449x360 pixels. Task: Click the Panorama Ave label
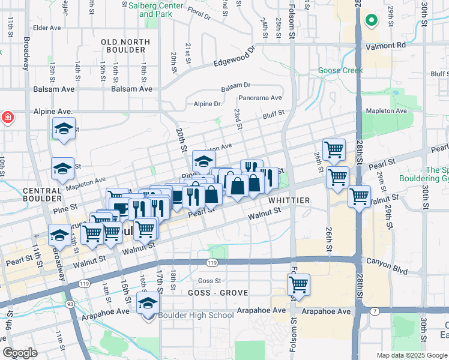[260, 98]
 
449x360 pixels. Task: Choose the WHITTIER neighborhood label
[289, 200]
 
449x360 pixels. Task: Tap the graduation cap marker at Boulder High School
[148, 304]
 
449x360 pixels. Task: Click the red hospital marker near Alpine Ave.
[6, 116]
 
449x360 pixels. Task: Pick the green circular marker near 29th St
[372, 21]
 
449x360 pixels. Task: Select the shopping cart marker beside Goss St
[298, 284]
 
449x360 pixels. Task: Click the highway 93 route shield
[71, 305]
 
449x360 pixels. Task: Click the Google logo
[20, 353]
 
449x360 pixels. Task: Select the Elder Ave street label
[47, 28]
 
